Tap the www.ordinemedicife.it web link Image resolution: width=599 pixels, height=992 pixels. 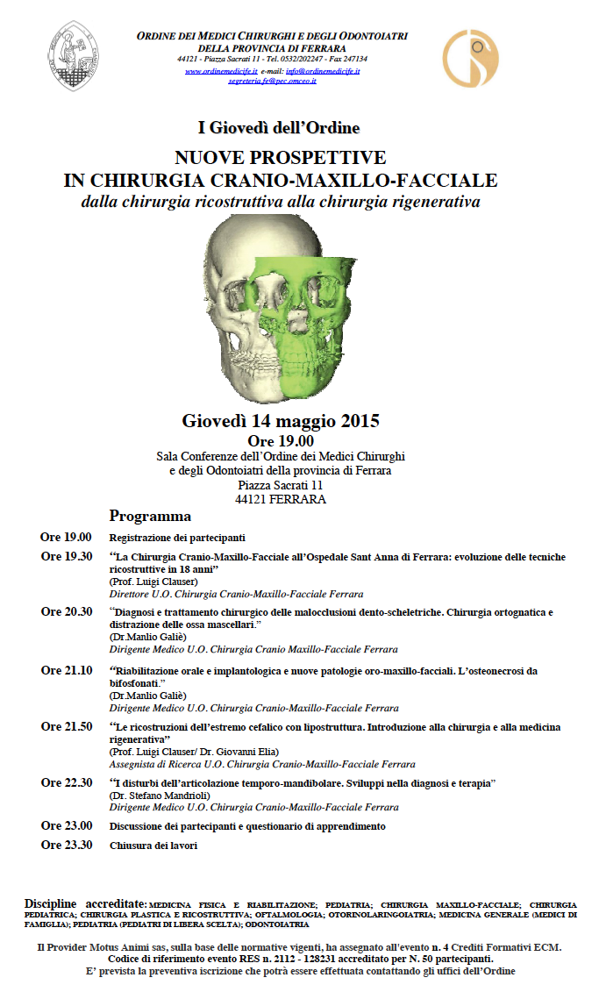[221, 69]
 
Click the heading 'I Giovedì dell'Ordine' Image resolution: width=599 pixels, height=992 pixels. [279, 128]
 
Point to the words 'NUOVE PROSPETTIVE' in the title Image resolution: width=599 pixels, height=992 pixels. [280, 158]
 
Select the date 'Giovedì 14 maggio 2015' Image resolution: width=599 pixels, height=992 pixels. [281, 421]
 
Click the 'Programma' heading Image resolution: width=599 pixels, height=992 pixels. [150, 516]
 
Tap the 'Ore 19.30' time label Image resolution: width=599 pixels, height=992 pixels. [66, 557]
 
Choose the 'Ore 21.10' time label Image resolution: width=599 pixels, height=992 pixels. [66, 671]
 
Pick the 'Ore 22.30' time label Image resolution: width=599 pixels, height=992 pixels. [66, 781]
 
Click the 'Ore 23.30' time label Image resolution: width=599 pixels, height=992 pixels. [66, 846]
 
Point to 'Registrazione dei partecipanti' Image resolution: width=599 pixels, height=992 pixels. [176, 538]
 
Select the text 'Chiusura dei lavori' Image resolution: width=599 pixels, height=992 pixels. [153, 846]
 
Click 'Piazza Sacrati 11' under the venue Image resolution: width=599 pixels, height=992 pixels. [281, 485]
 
